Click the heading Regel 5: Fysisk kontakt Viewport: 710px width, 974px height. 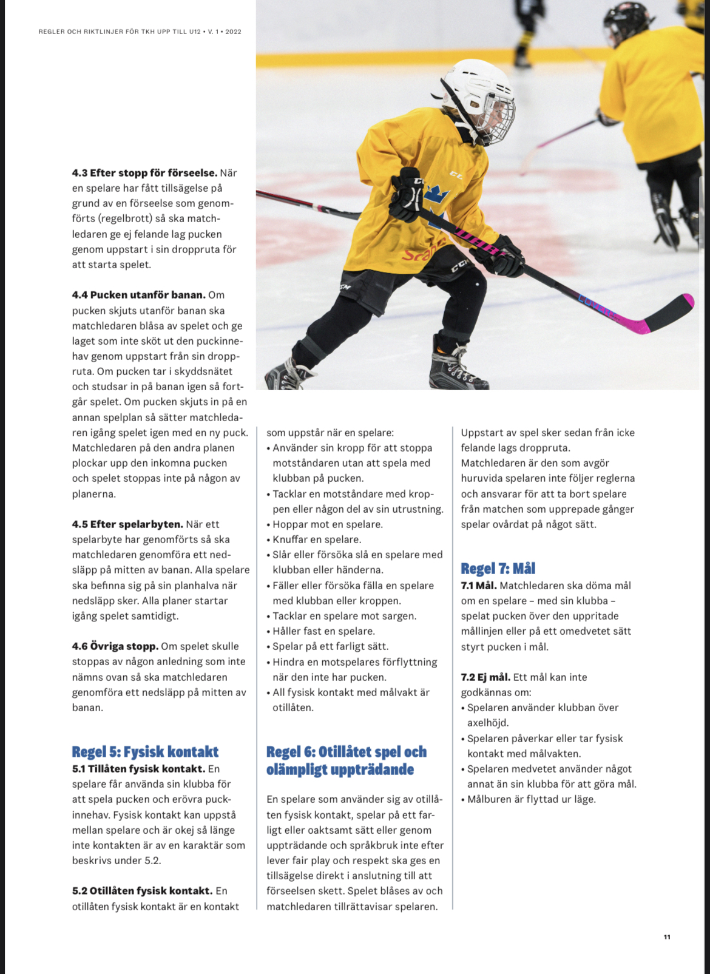(145, 752)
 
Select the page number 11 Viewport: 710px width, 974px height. (667, 937)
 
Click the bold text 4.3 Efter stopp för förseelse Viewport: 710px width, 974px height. (144, 173)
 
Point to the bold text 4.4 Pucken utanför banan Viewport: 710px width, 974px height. (138, 295)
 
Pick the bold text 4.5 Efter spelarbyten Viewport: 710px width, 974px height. (127, 524)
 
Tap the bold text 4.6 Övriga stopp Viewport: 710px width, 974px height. (115, 646)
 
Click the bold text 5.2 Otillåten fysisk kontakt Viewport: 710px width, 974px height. (142, 891)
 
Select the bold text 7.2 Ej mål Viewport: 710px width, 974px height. (485, 677)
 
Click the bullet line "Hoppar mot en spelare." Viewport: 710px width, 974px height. (327, 524)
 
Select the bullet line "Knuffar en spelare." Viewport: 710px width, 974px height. (316, 539)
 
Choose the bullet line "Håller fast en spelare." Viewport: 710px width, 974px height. (323, 631)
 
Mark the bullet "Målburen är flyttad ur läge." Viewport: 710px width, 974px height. (531, 799)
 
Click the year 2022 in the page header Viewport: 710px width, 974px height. (233, 32)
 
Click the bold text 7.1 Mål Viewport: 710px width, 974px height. (479, 586)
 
